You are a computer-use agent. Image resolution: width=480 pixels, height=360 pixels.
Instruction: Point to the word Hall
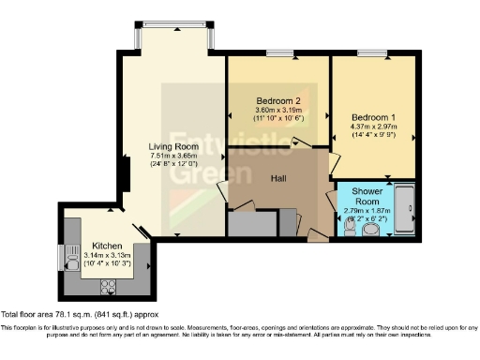click(279, 176)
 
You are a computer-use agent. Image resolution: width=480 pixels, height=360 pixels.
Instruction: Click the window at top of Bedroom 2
click(278, 53)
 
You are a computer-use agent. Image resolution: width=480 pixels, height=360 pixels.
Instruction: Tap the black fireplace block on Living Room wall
click(123, 176)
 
